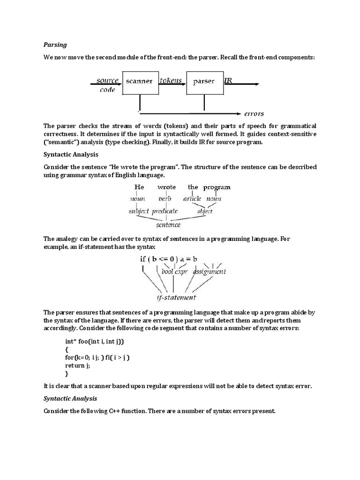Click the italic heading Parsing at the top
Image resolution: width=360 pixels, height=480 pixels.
point(55,45)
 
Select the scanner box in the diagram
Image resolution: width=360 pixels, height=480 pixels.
point(139,81)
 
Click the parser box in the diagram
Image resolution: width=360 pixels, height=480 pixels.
point(203,81)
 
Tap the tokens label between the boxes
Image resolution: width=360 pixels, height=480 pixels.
point(171,80)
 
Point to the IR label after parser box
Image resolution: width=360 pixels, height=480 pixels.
point(228,80)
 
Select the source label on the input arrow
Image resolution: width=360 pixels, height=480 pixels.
point(107,80)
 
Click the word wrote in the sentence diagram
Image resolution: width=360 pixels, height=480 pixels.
point(166,187)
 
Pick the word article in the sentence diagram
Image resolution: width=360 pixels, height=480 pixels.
point(192,199)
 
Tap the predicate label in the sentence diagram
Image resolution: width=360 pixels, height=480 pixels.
point(165,211)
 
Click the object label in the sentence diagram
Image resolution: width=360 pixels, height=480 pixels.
point(205,211)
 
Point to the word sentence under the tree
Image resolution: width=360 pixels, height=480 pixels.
point(168,225)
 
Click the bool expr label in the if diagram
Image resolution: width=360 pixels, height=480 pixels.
point(174,271)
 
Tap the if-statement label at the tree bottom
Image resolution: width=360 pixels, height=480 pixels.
point(176,298)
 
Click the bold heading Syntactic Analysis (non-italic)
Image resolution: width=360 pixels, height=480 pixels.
point(70,154)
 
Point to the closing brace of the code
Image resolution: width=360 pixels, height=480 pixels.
point(67,374)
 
